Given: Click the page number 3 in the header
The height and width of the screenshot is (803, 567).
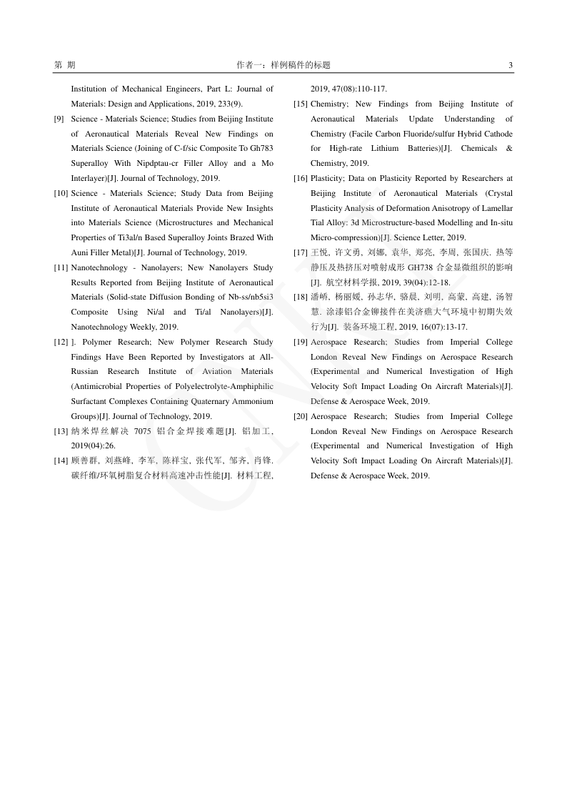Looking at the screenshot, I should [511, 65].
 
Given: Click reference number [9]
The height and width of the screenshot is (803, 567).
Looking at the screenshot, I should [60, 119].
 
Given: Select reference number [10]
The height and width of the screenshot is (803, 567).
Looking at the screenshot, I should [61, 193].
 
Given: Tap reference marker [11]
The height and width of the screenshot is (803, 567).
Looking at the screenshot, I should [61, 267].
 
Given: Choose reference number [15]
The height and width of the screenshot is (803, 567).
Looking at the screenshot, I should [301, 104].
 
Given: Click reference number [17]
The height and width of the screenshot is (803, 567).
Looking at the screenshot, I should [301, 252].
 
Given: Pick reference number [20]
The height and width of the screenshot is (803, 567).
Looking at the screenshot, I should [301, 416].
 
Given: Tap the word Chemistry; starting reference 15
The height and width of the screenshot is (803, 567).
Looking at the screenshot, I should [330, 104].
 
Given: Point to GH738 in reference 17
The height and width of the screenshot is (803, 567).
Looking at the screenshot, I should [420, 267].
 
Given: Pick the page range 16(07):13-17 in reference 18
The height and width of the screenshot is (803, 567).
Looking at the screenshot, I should [443, 327].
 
